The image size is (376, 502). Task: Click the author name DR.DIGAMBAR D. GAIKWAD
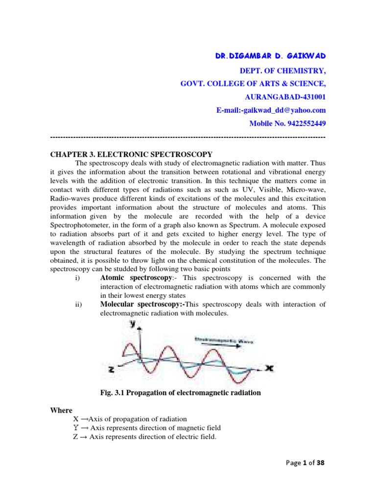tap(270, 58)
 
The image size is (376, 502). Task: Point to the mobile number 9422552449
tap(287, 123)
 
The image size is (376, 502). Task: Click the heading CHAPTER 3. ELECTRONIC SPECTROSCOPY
tap(132, 154)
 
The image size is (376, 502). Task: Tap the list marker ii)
tap(79, 305)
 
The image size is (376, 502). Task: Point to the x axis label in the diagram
tap(269, 367)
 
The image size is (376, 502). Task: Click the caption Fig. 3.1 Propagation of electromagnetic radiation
tap(180, 393)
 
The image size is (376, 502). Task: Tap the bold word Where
tap(61, 410)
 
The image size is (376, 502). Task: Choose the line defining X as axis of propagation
tap(130, 419)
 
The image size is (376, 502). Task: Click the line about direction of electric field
tap(144, 437)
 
